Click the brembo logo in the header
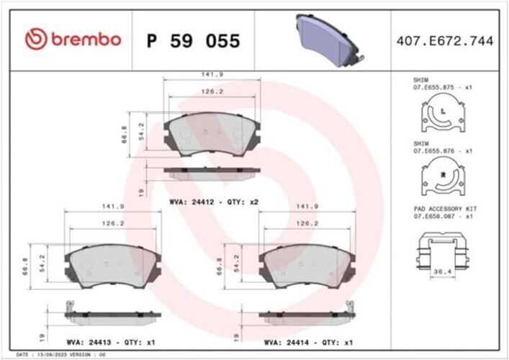pyautogui.click(x=73, y=40)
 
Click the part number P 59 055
pyautogui.click(x=193, y=41)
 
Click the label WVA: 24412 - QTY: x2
pyautogui.click(x=214, y=202)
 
